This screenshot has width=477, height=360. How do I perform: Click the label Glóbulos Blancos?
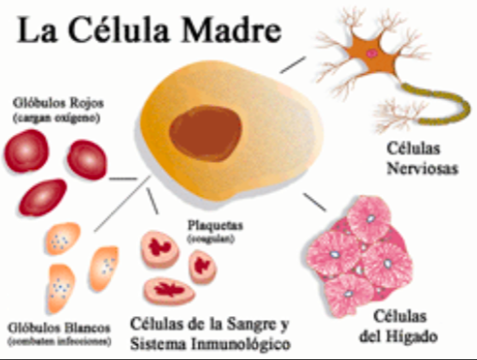point(58,327)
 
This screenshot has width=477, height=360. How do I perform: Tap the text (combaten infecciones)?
point(59,341)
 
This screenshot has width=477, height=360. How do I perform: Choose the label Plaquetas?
point(216,224)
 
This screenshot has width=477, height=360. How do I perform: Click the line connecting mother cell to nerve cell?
point(294,65)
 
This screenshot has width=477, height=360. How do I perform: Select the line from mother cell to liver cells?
point(313,203)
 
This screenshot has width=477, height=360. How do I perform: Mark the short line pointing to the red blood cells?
point(123,178)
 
